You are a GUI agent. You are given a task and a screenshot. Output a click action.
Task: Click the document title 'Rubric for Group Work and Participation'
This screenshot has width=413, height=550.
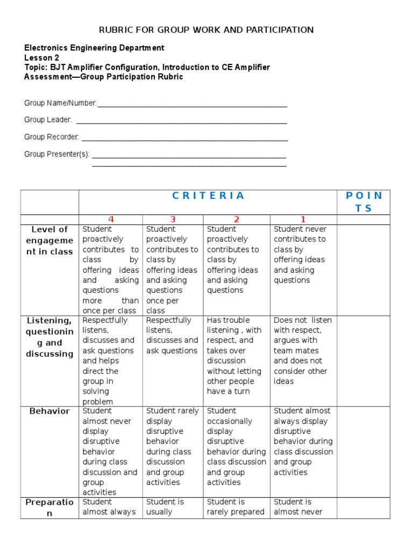(206, 30)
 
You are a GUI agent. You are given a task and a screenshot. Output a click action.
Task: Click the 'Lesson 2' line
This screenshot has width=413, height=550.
(42, 57)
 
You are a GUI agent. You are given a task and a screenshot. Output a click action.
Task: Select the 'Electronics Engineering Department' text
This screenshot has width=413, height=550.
(94, 48)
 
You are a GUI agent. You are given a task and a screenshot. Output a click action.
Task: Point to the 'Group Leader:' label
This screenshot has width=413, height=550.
(48, 120)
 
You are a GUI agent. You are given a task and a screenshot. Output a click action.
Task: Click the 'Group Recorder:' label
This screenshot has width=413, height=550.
(52, 137)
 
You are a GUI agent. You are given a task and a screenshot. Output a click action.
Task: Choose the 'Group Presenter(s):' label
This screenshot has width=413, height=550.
(56, 154)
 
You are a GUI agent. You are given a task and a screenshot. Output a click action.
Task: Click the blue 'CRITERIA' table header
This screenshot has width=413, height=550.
(208, 196)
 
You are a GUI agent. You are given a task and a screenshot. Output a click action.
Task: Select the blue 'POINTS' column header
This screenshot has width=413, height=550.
(364, 202)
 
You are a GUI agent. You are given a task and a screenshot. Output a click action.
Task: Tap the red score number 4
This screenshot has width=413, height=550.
(111, 219)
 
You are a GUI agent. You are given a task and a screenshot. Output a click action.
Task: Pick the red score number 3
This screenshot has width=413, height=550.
(173, 219)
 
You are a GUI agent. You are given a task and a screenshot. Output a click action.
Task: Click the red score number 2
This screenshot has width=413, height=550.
(236, 219)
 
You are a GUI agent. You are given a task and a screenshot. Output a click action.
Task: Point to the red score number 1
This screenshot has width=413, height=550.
(303, 219)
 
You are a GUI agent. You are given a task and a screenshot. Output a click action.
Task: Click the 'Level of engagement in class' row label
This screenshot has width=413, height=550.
(49, 241)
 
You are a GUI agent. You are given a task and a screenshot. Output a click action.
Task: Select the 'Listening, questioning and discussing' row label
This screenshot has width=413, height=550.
(49, 337)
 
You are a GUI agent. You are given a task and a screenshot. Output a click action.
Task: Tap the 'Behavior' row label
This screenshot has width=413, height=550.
(49, 411)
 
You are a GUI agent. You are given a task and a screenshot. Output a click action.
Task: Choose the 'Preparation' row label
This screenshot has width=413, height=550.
(49, 507)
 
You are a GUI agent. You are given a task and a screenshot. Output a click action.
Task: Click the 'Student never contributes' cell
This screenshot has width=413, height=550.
(303, 255)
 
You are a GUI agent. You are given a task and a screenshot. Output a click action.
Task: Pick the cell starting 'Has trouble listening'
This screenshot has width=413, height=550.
(236, 356)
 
